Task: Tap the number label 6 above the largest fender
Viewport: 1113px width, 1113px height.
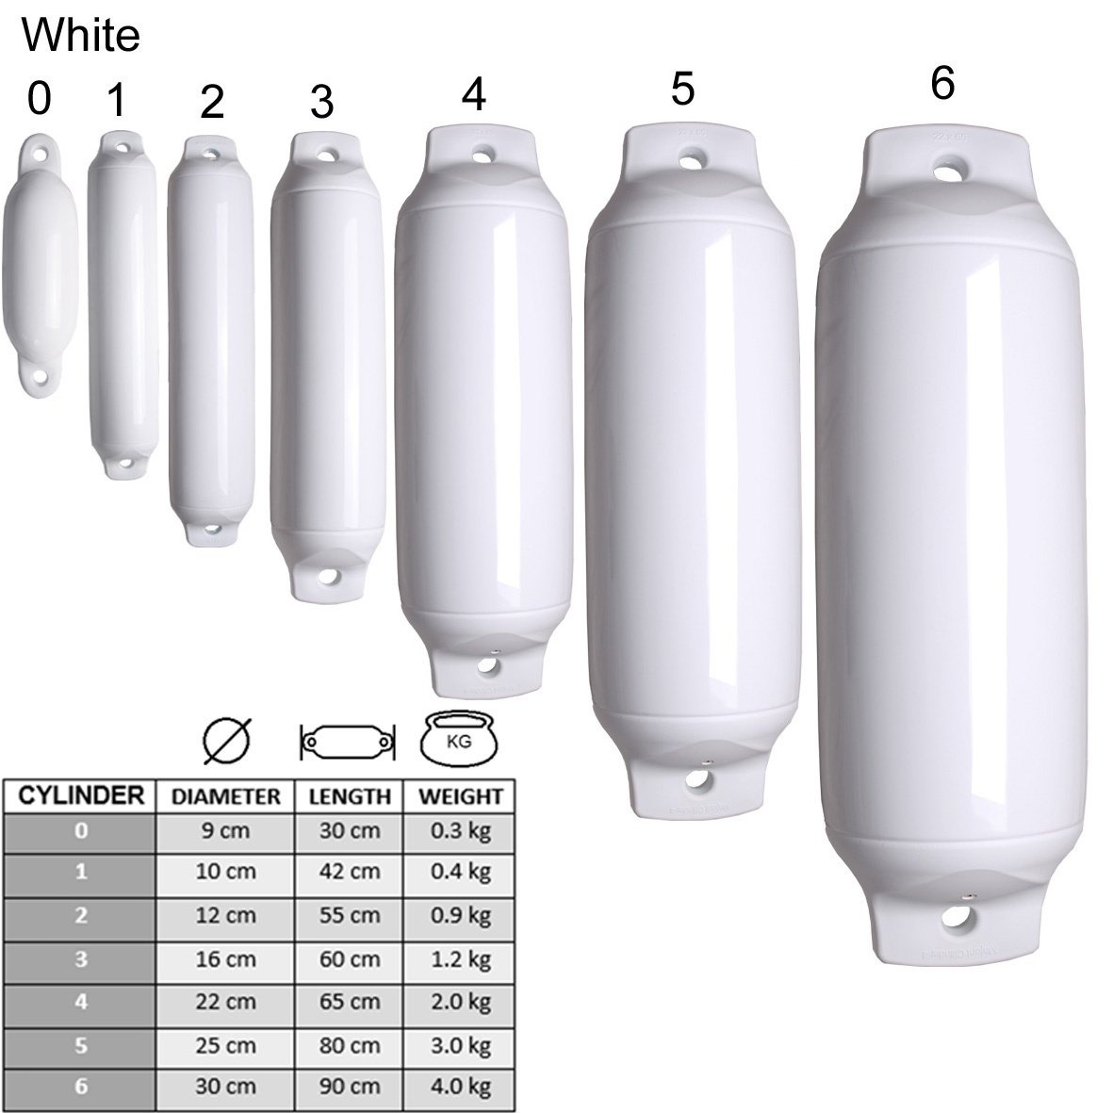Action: tap(941, 84)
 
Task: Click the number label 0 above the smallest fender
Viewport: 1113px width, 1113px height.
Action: tap(39, 99)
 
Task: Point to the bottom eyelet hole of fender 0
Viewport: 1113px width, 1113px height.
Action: tap(40, 377)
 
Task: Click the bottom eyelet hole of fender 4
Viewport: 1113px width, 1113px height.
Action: tap(487, 665)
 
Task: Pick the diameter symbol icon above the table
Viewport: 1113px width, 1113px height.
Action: tap(227, 742)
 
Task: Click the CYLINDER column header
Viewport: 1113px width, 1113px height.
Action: tap(80, 796)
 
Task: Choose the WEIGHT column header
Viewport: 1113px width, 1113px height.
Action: tap(461, 797)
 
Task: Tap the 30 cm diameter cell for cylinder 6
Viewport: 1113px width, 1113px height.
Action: tap(226, 1086)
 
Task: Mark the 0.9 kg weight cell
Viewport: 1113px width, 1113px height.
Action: tap(461, 915)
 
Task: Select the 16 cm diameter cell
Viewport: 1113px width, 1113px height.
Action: tap(226, 958)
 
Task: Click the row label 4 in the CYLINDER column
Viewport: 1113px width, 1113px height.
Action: tap(80, 1002)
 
